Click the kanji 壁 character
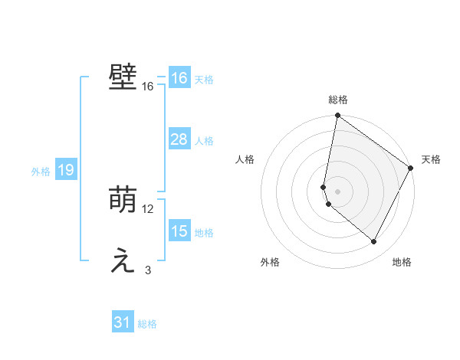coord(123,78)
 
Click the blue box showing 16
coord(179,78)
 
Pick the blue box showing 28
coord(179,139)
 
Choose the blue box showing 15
coord(179,231)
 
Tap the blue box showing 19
coord(65,170)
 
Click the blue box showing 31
coord(123,322)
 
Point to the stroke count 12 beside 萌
coord(148,209)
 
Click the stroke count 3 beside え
coord(148,270)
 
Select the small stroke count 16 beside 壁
coord(148,87)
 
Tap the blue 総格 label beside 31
coord(147,324)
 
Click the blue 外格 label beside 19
coord(41,172)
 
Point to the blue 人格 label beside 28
coord(204,141)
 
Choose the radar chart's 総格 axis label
coord(338,100)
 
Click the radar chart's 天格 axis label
coord(431,159)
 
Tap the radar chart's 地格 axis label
coord(402,262)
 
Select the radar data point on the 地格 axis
coord(374,242)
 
